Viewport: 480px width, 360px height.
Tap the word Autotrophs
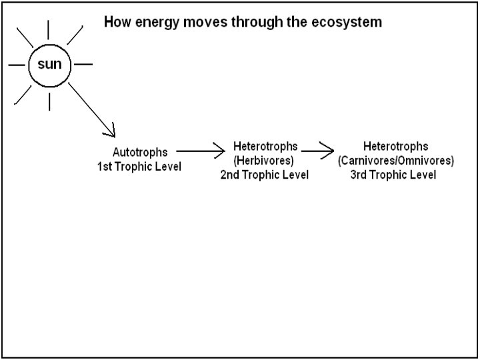tap(139, 153)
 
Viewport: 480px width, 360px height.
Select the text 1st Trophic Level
tap(139, 165)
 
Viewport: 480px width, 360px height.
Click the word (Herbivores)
tap(264, 161)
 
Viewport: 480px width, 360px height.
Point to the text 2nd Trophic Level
tap(264, 175)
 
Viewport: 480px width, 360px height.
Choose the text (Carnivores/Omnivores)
tap(396, 161)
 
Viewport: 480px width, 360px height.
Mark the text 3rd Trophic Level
tap(393, 175)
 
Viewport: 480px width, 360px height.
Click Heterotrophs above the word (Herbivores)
tap(265, 147)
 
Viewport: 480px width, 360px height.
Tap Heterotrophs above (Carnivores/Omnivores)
tap(395, 147)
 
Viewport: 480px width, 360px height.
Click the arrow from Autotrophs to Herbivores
tap(201, 151)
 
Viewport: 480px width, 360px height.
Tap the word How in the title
tap(115, 23)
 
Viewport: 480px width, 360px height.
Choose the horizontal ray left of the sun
tap(17, 65)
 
